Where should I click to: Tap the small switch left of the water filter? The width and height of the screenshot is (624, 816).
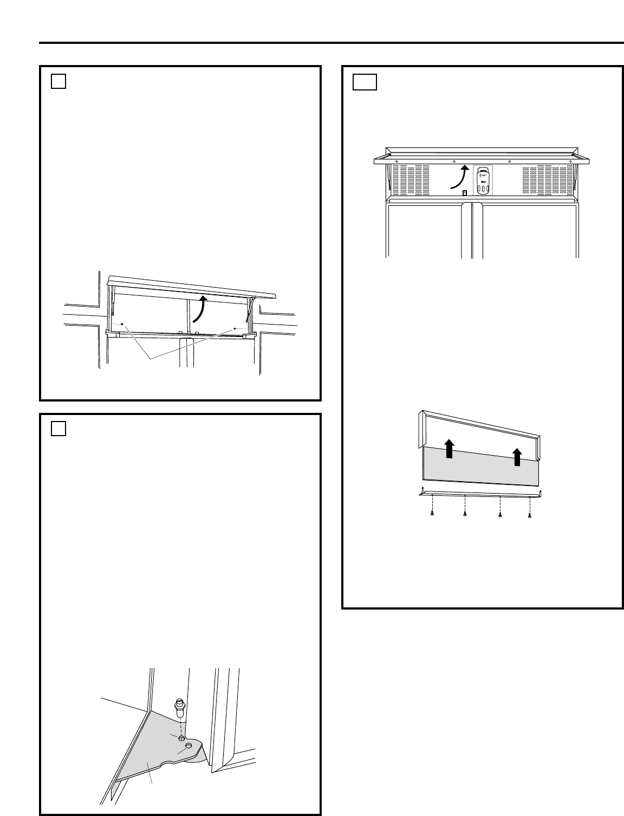(464, 193)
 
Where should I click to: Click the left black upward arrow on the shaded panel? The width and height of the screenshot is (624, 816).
(449, 449)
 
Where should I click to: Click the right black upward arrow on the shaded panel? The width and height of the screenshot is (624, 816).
(517, 457)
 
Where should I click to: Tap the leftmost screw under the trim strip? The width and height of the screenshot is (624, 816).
(432, 513)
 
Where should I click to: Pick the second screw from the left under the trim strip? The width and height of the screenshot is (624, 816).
(465, 513)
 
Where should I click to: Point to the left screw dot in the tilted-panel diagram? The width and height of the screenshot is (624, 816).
(123, 325)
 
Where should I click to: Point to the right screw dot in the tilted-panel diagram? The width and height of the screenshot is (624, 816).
(234, 328)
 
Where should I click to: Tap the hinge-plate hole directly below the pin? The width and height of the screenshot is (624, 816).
(181, 739)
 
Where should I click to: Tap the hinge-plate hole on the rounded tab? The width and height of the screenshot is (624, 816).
(188, 746)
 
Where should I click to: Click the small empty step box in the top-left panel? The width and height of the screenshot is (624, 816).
(59, 81)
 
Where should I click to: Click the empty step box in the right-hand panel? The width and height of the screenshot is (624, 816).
(365, 82)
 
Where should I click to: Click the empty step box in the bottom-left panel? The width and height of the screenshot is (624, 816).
(59, 429)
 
